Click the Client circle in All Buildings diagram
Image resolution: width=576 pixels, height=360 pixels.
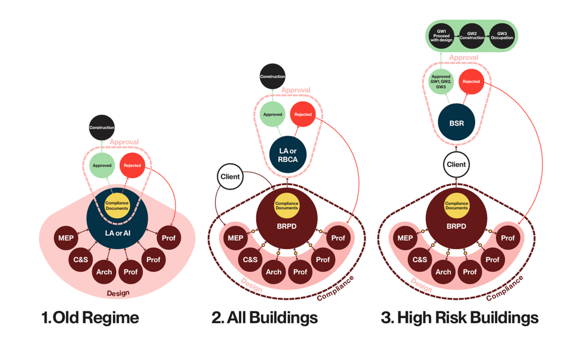(230, 177)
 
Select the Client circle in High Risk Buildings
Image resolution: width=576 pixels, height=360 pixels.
(456, 165)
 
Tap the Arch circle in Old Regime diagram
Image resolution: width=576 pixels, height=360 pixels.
(104, 272)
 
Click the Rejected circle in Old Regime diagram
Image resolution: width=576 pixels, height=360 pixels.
(132, 165)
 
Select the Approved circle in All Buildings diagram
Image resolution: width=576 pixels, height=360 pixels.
(272, 115)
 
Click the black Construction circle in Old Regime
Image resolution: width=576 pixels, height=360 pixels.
(102, 128)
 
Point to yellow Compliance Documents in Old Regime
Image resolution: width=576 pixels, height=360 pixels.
(117, 205)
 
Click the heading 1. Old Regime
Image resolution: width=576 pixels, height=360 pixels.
(90, 318)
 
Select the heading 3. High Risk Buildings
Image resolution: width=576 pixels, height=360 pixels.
(460, 318)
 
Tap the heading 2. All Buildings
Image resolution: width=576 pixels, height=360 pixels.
(264, 318)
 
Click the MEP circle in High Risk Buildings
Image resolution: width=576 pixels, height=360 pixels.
(405, 238)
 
